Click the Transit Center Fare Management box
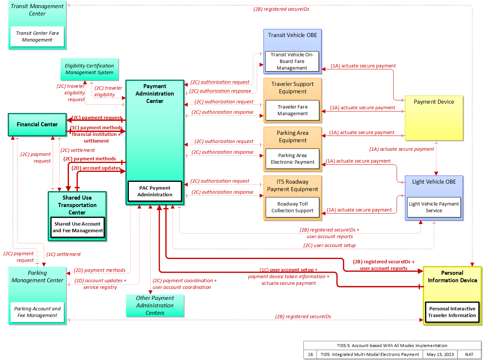tap(37, 37)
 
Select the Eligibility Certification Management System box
tap(89, 69)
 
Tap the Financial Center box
tap(37, 124)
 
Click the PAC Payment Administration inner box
tap(155, 191)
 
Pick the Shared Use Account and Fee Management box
tap(77, 227)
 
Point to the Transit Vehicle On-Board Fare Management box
tap(292, 61)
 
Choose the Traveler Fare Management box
tap(292, 110)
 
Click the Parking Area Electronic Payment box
tap(292, 159)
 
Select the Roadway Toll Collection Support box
tap(292, 207)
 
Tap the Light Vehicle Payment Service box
tap(433, 207)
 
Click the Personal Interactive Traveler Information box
tap(452, 312)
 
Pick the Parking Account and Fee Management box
tap(37, 312)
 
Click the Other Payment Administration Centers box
tap(155, 306)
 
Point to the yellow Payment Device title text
tap(433, 102)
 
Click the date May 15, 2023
tap(440, 354)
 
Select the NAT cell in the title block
tap(469, 354)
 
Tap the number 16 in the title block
tap(310, 354)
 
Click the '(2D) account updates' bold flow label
tap(96, 168)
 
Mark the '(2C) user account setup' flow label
tap(329, 245)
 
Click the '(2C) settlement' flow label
tap(77, 150)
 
